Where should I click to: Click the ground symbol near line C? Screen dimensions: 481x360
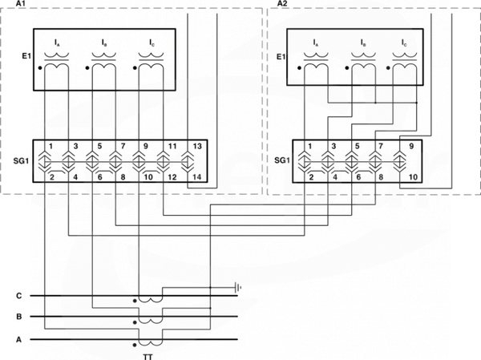(237, 288)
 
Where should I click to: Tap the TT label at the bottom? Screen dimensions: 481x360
(148, 357)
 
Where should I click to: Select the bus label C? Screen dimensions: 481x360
(19, 296)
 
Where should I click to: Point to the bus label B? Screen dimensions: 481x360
(19, 317)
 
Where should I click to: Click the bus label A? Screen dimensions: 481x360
(19, 340)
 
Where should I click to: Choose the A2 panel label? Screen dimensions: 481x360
(282, 3)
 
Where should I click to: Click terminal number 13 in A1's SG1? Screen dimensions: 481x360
(197, 146)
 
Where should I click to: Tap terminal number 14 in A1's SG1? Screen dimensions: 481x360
(197, 176)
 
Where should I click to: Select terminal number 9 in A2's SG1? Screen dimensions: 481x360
(411, 146)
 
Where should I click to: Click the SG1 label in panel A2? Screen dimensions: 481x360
(282, 160)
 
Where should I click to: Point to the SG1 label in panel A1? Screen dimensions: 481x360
(21, 160)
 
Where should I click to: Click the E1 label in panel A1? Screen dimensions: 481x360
(26, 56)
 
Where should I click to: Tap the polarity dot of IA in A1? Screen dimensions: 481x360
(40, 68)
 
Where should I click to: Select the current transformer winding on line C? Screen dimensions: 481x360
(151, 299)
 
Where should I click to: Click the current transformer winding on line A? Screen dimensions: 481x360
(151, 342)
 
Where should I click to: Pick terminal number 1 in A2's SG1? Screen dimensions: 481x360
(309, 146)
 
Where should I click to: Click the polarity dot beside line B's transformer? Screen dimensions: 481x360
(135, 322)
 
